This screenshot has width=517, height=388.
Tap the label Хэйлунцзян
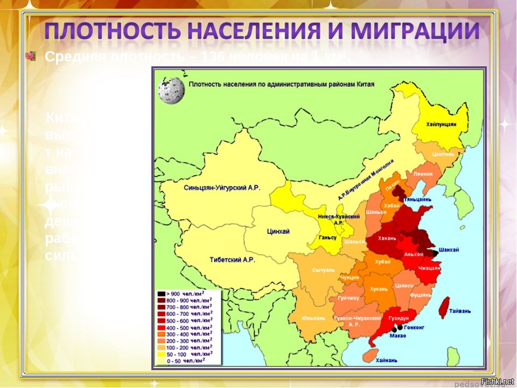441,124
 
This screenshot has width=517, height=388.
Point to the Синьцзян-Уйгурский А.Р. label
222,188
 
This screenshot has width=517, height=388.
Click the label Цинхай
278,231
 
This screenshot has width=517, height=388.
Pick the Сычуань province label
323,269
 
